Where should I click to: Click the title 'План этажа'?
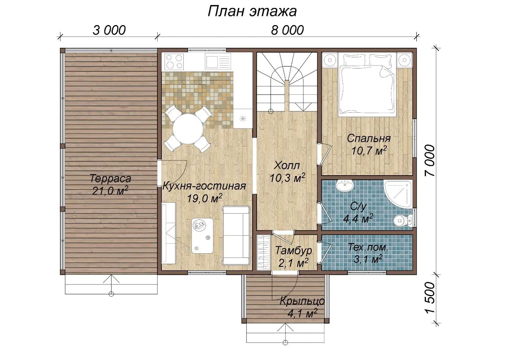(x=252, y=12)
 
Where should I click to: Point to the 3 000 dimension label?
(x=109, y=30)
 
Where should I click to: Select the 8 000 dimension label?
(x=287, y=30)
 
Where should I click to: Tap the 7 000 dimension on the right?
(x=430, y=160)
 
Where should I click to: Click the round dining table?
(x=188, y=129)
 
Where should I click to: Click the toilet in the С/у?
(x=402, y=220)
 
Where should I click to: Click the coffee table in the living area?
(x=202, y=236)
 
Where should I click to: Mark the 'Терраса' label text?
(x=110, y=179)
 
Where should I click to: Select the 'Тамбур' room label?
(x=294, y=250)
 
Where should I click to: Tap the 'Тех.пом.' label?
(x=368, y=247)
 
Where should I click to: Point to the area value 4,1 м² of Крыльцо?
(x=302, y=313)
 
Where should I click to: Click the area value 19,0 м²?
(x=204, y=198)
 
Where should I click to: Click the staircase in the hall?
(x=287, y=82)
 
